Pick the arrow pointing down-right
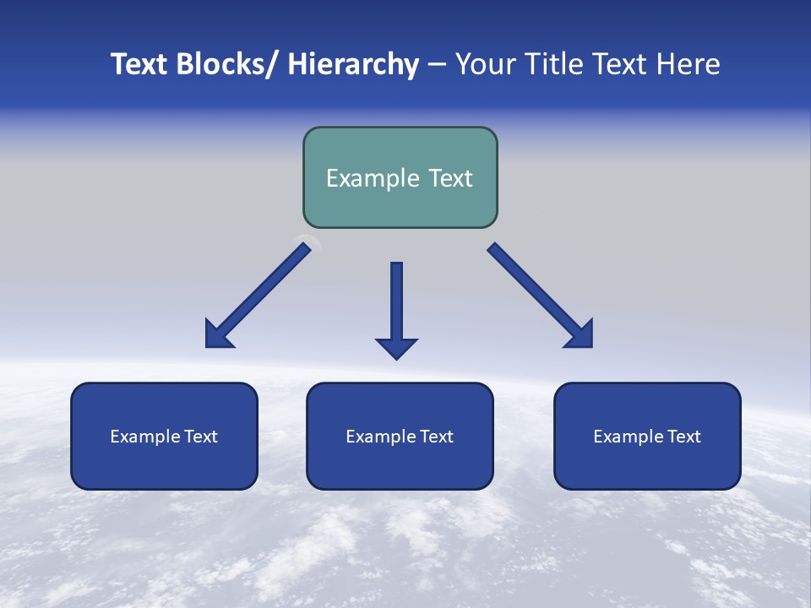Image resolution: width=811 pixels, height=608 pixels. [x=541, y=296]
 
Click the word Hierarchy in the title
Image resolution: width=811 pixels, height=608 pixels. [x=352, y=64]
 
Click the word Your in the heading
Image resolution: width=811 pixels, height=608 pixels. [x=485, y=64]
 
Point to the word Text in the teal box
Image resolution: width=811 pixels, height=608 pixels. [x=449, y=178]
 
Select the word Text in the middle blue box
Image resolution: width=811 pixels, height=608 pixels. [x=436, y=437]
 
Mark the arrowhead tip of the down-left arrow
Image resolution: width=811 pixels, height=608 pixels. [x=207, y=346]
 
